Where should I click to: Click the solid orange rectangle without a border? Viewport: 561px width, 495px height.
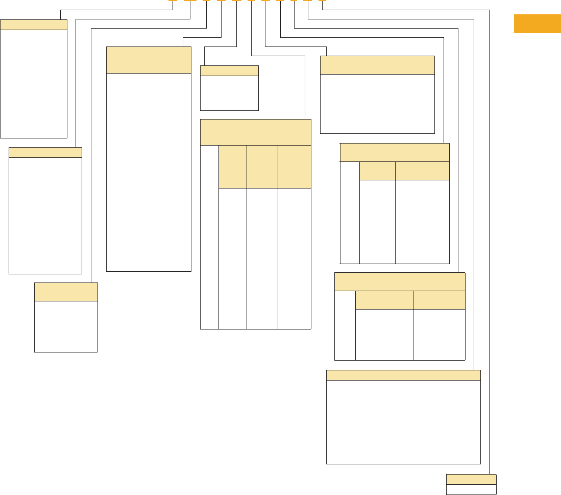click(x=537, y=24)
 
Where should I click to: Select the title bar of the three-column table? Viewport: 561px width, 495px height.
click(x=255, y=132)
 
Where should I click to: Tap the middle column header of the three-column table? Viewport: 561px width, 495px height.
click(x=262, y=167)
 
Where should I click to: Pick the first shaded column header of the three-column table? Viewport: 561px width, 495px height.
click(x=232, y=167)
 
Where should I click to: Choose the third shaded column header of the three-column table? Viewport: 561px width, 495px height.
click(x=294, y=167)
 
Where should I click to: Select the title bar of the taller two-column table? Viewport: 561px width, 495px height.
click(x=395, y=152)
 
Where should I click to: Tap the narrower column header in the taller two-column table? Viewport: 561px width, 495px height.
click(x=377, y=171)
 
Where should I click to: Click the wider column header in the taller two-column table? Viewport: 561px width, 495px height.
click(x=422, y=171)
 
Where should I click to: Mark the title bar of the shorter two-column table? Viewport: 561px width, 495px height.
click(x=400, y=281)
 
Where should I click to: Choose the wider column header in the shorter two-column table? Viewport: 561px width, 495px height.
click(x=384, y=300)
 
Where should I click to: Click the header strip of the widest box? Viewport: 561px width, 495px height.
click(x=403, y=375)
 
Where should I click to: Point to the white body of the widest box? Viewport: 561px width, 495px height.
click(x=403, y=422)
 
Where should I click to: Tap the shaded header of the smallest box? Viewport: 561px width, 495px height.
click(x=471, y=479)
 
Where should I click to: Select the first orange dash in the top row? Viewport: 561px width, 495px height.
click(x=173, y=1)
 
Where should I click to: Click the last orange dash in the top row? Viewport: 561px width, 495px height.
click(x=322, y=1)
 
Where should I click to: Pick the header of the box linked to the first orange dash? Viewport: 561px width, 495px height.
click(x=34, y=25)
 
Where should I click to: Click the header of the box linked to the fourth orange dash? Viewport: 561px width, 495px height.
click(x=149, y=60)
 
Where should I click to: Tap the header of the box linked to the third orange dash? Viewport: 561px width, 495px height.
click(x=66, y=292)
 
